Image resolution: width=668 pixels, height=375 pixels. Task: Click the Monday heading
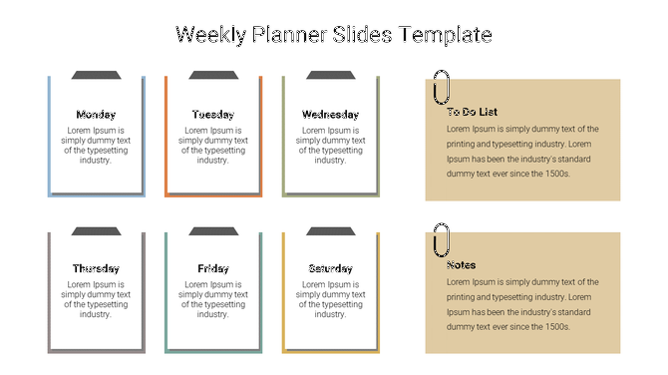coord(96,115)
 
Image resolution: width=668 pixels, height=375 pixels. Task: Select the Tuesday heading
coord(213,115)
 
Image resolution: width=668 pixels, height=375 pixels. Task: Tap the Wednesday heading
coord(330,115)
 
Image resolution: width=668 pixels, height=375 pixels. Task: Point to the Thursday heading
coord(96,269)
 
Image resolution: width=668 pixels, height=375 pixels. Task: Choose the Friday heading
coord(213,269)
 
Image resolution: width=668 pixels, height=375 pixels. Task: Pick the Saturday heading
coord(330,269)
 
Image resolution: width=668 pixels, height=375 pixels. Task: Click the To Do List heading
coord(472,113)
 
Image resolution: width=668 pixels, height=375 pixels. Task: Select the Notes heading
coord(462,265)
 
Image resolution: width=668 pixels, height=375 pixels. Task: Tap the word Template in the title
coord(445,35)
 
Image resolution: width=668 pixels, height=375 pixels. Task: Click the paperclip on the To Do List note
coord(441,87)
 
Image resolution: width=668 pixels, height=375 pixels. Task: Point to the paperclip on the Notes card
coord(441,241)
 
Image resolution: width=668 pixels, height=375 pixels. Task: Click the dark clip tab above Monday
coord(96,75)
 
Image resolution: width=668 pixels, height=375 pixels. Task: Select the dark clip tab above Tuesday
coord(213,75)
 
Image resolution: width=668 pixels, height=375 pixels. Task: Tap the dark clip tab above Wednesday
coord(330,75)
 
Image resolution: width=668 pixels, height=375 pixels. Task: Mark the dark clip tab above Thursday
coord(96,231)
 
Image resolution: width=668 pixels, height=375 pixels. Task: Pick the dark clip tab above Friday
coord(213,231)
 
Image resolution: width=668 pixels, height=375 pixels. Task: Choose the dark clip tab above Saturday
coord(330,231)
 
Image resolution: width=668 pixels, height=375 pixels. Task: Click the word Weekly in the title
coord(208,35)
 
